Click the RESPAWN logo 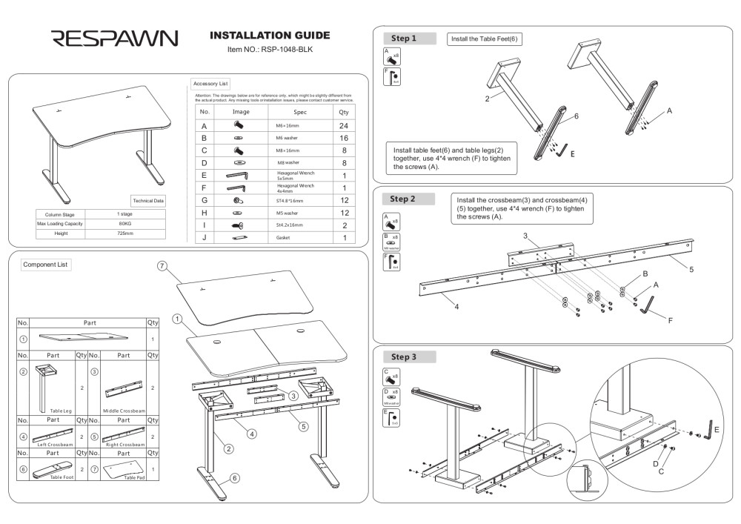[x=113, y=39]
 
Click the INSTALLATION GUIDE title [x=270, y=36]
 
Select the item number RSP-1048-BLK [x=270, y=50]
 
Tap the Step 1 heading [x=403, y=39]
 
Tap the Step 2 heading [x=402, y=199]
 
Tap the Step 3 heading [x=403, y=356]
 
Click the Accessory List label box [x=210, y=84]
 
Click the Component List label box [x=45, y=265]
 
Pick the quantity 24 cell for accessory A [x=344, y=126]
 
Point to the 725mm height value [x=125, y=233]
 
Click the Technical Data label [x=148, y=201]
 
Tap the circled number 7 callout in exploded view [x=163, y=266]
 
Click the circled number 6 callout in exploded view [x=234, y=478]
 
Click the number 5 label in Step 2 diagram [x=691, y=269]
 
